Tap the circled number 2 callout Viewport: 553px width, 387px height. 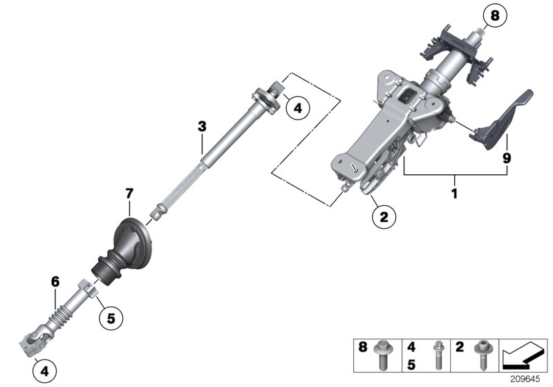[384, 217]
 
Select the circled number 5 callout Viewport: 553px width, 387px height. [109, 319]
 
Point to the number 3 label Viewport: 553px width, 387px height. [202, 126]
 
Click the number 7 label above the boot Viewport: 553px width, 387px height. [129, 196]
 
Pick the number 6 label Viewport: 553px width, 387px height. [55, 281]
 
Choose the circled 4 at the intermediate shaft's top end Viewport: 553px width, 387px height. [297, 108]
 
